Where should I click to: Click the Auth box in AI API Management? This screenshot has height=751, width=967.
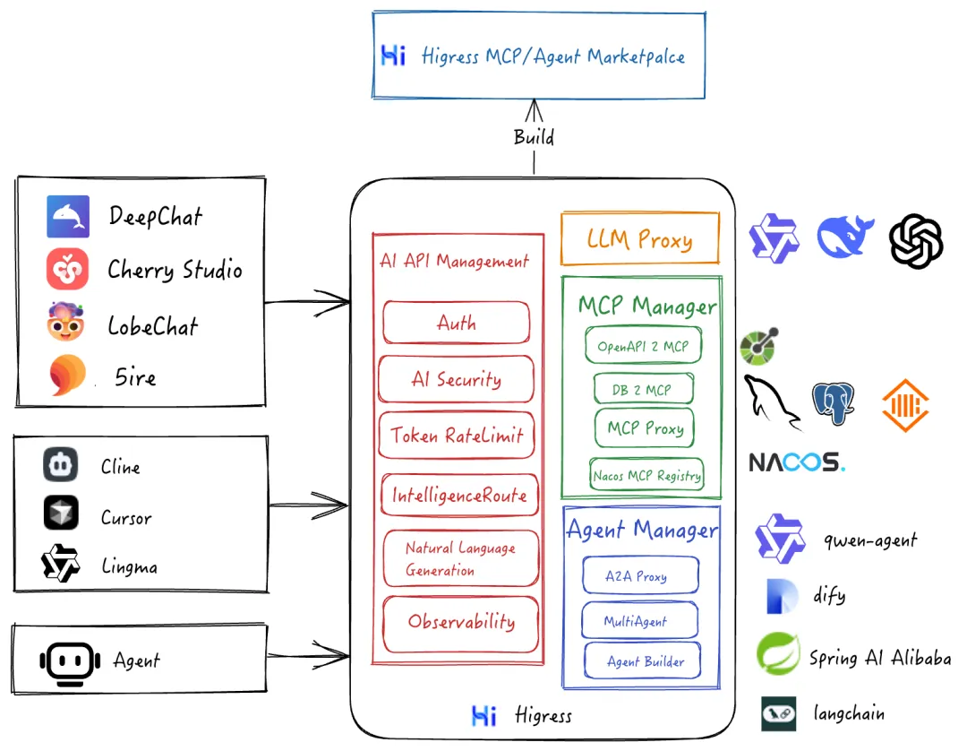[x=457, y=323]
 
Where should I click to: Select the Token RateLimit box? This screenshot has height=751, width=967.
[x=457, y=436]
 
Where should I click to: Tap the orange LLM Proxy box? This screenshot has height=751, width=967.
[x=639, y=238]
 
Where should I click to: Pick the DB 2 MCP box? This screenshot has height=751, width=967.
[x=645, y=390]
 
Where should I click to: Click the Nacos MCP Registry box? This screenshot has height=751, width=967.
[x=646, y=475]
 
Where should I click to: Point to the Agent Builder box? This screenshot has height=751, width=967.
[x=643, y=661]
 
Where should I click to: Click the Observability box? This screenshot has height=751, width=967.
[x=460, y=622]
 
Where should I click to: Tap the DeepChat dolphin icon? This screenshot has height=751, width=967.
[x=68, y=216]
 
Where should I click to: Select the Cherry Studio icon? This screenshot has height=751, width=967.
[x=68, y=269]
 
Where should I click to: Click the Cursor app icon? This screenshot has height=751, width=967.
[x=61, y=514]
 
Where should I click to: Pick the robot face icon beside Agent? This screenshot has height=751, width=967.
[x=68, y=661]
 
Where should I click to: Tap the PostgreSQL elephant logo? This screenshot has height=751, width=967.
[x=833, y=402]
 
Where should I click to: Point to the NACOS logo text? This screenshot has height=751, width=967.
[x=796, y=462]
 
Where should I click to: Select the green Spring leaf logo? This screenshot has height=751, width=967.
[x=777, y=654]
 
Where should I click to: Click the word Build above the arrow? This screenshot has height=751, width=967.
[x=534, y=137]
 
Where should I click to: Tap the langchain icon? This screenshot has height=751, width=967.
[x=778, y=713]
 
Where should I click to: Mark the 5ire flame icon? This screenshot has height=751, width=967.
[x=67, y=376]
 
